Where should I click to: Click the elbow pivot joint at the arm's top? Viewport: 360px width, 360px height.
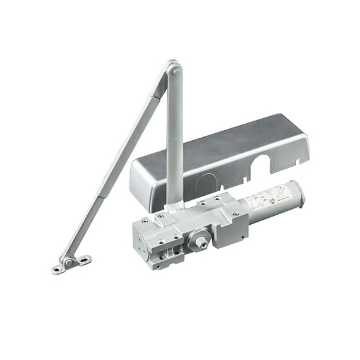point(174,68)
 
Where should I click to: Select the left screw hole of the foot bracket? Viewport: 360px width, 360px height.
point(57,270)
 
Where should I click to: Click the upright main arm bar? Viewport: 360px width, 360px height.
point(174,139)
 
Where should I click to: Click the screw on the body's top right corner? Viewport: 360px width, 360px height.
point(235,215)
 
